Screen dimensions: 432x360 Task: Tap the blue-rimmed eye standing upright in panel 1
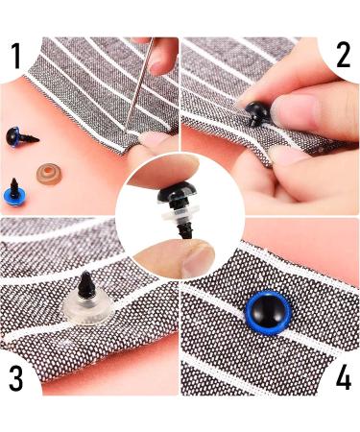16,197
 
